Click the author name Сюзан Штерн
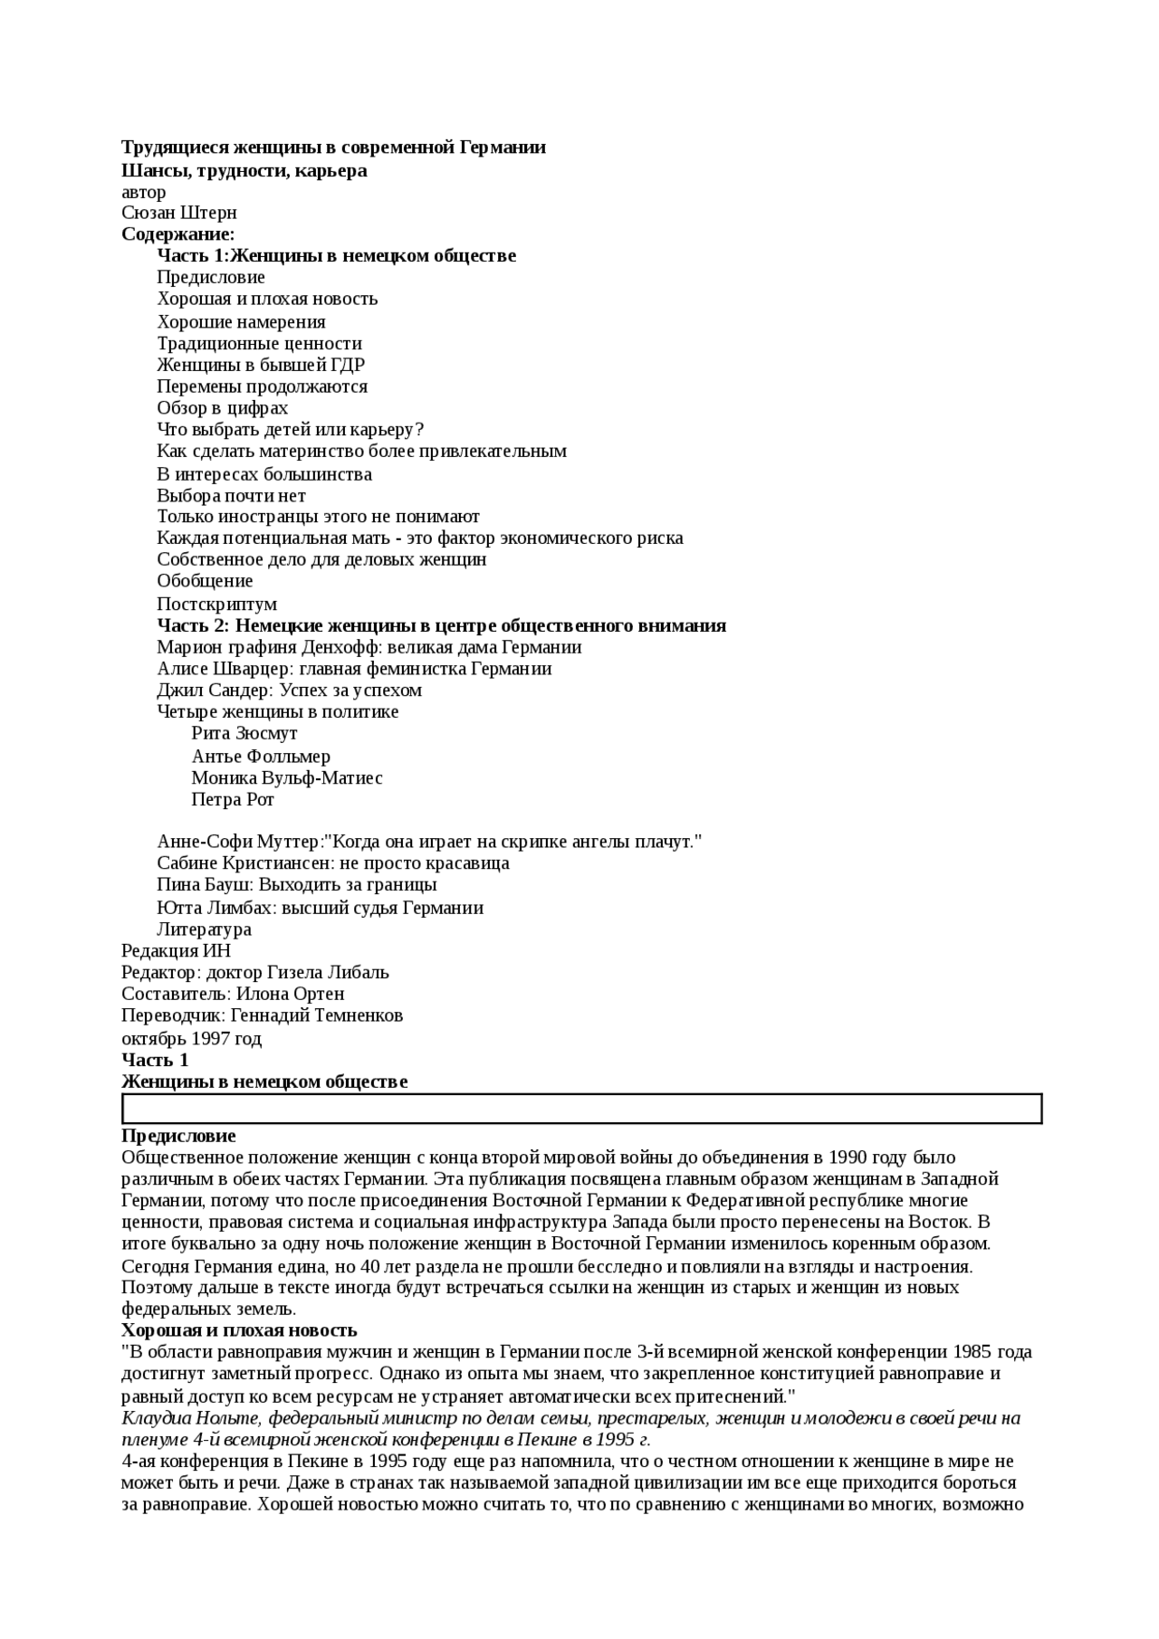(x=179, y=213)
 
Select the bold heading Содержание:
(x=178, y=234)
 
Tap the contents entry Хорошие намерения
(x=241, y=321)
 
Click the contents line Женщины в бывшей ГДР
(x=261, y=365)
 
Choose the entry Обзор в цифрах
(x=223, y=407)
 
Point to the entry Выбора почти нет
(x=231, y=495)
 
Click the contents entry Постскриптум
(x=217, y=604)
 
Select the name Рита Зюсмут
(x=244, y=733)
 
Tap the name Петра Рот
(x=233, y=799)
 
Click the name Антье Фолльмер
(x=261, y=756)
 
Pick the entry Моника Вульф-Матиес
(x=287, y=777)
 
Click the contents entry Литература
(x=204, y=929)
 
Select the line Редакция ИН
(x=177, y=950)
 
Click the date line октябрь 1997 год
(x=192, y=1038)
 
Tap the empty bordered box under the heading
(x=581, y=1109)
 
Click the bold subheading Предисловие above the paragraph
(x=178, y=1136)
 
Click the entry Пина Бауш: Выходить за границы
(x=297, y=884)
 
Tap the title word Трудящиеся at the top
(x=176, y=148)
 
